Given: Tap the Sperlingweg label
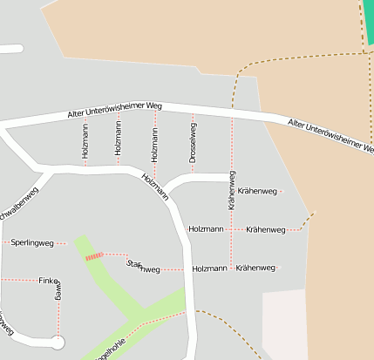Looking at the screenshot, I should click(x=33, y=241).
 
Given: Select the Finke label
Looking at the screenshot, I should click(x=47, y=280).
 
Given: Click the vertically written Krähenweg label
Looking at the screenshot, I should click(x=232, y=190).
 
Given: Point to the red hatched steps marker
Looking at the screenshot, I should click(x=93, y=256).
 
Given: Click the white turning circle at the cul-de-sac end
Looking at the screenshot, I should click(x=58, y=343).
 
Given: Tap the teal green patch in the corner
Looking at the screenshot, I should click(x=368, y=22).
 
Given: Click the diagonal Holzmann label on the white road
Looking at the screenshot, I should click(x=155, y=186).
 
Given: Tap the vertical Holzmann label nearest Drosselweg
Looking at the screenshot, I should click(x=154, y=142).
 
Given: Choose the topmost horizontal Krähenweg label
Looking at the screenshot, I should click(x=257, y=191).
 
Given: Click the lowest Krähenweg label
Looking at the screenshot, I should click(x=255, y=268).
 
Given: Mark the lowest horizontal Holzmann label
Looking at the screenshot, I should click(x=209, y=268).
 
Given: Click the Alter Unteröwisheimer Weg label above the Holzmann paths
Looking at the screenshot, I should click(x=115, y=111).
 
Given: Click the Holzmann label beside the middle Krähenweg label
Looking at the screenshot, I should click(x=206, y=229).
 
